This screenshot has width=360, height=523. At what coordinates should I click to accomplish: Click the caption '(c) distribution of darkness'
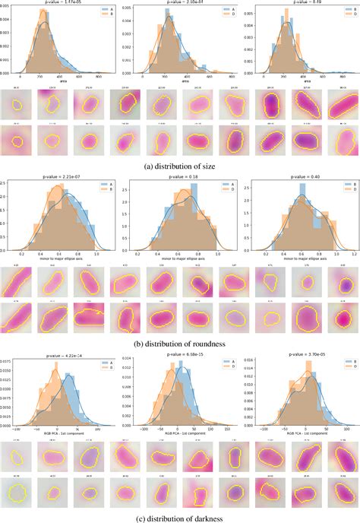(x=180, y=516)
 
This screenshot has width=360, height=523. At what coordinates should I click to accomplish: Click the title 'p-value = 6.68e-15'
(x=179, y=353)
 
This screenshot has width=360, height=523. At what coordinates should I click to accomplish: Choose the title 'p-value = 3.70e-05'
(x=299, y=353)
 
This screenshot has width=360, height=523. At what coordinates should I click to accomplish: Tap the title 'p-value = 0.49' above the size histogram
(x=299, y=2)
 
